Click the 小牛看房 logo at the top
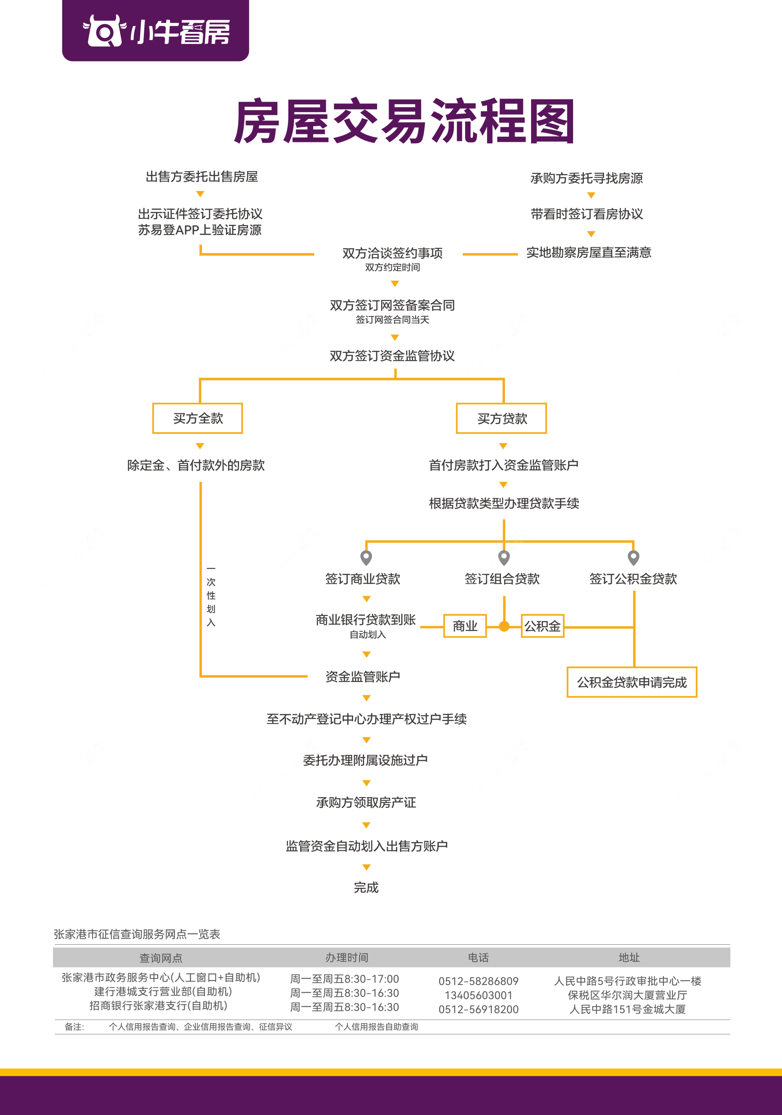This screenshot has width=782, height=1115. tap(155, 31)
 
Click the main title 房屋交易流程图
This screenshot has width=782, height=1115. tap(404, 121)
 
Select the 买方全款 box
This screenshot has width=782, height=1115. tap(198, 418)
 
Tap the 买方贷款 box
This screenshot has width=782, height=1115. tap(501, 418)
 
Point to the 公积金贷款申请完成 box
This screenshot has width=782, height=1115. tap(632, 682)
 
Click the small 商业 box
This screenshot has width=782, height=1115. tap(465, 626)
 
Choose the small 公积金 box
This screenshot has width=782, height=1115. tap(542, 626)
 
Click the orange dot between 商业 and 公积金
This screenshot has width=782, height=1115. tap(504, 627)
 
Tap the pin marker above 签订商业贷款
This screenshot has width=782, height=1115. tap(367, 557)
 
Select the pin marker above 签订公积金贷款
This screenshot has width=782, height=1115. tap(633, 557)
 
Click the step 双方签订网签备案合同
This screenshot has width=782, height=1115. tap(392, 306)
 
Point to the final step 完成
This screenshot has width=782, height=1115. tap(366, 888)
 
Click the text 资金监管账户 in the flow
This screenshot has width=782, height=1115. tap(362, 677)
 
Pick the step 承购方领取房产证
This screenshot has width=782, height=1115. tap(366, 803)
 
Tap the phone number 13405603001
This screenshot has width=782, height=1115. tap(478, 995)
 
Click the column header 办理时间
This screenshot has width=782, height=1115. tap(347, 958)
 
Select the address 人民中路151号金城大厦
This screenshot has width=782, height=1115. tap(627, 1009)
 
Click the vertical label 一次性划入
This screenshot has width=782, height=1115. tap(211, 595)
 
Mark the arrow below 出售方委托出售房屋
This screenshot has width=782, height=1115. tap(200, 194)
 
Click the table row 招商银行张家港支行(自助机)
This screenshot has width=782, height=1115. tap(158, 1006)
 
